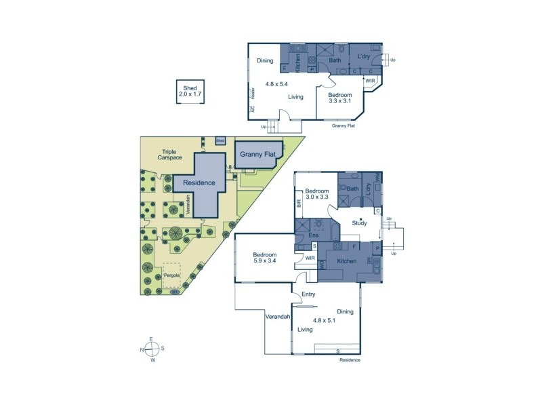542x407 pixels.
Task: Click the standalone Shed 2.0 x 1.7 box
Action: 188,92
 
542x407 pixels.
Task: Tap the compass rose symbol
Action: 153,349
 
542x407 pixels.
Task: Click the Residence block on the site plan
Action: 198,183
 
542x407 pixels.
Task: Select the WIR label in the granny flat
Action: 370,81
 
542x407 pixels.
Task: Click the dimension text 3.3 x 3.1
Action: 340,102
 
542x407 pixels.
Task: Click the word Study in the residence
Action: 360,222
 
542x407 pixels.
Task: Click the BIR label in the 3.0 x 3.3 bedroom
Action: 299,201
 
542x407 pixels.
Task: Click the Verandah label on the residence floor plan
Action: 277,317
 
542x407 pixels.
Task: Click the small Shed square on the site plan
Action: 220,140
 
